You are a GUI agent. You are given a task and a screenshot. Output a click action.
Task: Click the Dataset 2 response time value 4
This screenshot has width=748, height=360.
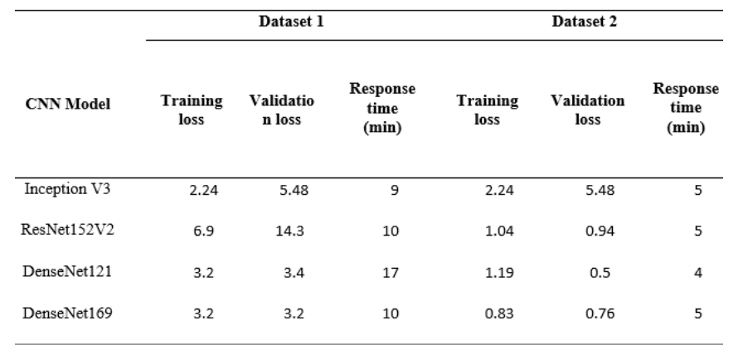pyautogui.click(x=697, y=270)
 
